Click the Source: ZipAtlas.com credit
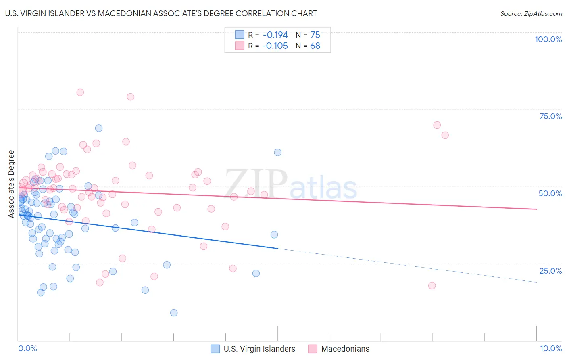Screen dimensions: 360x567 point(531,14)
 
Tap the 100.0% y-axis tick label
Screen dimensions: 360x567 point(548,39)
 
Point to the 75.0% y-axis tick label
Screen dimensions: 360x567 point(550,116)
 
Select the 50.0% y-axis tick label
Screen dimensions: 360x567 point(550,193)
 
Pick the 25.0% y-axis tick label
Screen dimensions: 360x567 point(550,270)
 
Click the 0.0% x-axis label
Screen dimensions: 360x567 point(28,348)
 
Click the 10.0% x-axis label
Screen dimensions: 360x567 point(551,348)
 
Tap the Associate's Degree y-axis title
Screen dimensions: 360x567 point(11,184)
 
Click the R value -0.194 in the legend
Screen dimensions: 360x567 point(275,35)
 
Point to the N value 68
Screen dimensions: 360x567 point(315,46)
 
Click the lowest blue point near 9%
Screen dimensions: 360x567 point(174,313)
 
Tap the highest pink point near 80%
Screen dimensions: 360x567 point(80,92)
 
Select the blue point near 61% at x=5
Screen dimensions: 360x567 point(277,152)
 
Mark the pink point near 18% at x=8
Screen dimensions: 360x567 point(432,285)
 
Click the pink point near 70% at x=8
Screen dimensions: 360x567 point(437,125)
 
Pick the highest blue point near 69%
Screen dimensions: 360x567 point(99,128)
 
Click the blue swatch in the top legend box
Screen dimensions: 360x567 point(239,35)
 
